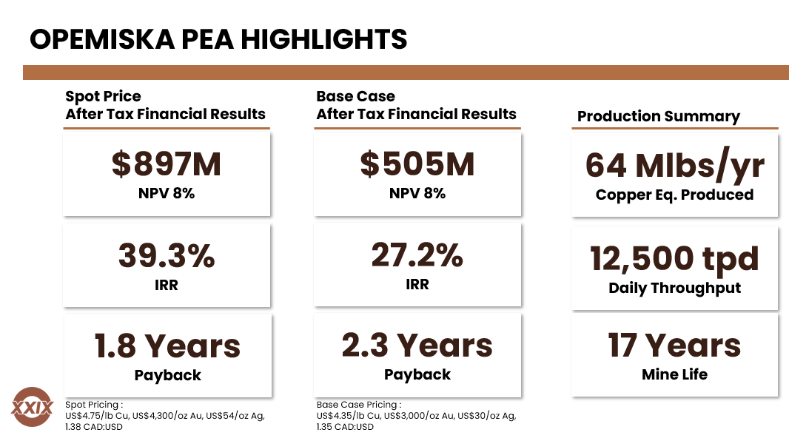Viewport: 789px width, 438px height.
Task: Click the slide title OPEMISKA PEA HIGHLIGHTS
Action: tap(218, 38)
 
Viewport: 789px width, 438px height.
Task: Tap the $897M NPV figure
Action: tap(167, 164)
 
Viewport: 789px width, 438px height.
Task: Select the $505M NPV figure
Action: tap(417, 164)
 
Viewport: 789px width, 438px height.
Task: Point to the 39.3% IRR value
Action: tap(167, 255)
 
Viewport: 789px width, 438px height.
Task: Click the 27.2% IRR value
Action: tap(417, 255)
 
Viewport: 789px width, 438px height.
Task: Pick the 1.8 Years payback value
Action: tap(167, 346)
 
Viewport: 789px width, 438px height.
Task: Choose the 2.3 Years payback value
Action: tap(417, 345)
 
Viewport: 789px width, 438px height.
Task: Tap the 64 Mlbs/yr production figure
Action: tap(675, 165)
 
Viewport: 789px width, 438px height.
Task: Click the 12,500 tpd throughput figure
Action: tap(675, 258)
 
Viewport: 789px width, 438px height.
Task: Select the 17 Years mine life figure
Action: tap(675, 345)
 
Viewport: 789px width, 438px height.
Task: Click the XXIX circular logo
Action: tap(33, 406)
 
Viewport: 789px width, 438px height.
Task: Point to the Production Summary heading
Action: tap(659, 116)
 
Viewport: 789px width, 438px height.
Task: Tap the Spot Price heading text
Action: tap(103, 96)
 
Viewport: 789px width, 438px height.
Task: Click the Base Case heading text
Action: tap(356, 96)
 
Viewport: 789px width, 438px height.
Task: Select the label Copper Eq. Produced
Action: tap(675, 195)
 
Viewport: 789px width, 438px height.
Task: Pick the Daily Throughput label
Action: tap(675, 288)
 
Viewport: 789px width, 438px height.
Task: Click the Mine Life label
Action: tap(675, 374)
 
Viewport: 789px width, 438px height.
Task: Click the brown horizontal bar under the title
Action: tap(406, 72)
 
